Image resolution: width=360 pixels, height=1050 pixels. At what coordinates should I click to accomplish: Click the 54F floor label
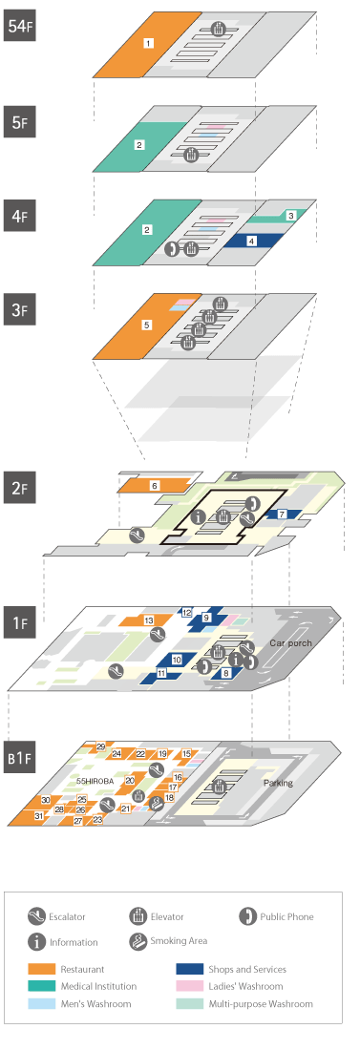(19, 26)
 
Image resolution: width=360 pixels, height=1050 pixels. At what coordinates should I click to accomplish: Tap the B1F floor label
(19, 757)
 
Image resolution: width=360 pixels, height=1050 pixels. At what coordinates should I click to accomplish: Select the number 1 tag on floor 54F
(149, 43)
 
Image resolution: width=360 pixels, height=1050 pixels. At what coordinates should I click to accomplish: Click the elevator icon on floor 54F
(219, 29)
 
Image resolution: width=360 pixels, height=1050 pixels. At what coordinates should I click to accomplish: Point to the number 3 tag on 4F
(290, 216)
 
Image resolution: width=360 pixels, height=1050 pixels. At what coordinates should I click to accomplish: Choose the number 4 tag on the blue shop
(251, 241)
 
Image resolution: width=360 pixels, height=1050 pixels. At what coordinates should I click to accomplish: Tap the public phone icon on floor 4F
(172, 249)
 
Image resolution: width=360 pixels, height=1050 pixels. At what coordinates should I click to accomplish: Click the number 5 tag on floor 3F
(147, 325)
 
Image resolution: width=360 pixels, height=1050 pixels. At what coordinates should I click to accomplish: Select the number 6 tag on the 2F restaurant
(154, 485)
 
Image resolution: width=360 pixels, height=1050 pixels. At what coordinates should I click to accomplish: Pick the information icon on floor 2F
(199, 516)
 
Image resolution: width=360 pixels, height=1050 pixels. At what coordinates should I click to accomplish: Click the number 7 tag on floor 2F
(282, 514)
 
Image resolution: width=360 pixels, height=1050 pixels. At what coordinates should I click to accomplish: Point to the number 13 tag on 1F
(149, 620)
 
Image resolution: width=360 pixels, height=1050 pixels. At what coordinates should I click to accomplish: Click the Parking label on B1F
(278, 783)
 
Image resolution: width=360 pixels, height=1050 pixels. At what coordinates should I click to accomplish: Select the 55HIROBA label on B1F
(95, 781)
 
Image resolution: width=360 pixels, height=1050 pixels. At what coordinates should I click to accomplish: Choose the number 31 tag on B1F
(39, 815)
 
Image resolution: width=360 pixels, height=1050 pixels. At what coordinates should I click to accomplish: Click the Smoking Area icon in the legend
(138, 941)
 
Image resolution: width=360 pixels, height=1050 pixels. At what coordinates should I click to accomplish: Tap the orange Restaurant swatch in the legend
(42, 969)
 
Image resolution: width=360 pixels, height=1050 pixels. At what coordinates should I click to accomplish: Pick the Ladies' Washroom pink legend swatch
(189, 986)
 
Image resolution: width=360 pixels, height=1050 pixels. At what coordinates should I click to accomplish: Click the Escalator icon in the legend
(37, 916)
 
